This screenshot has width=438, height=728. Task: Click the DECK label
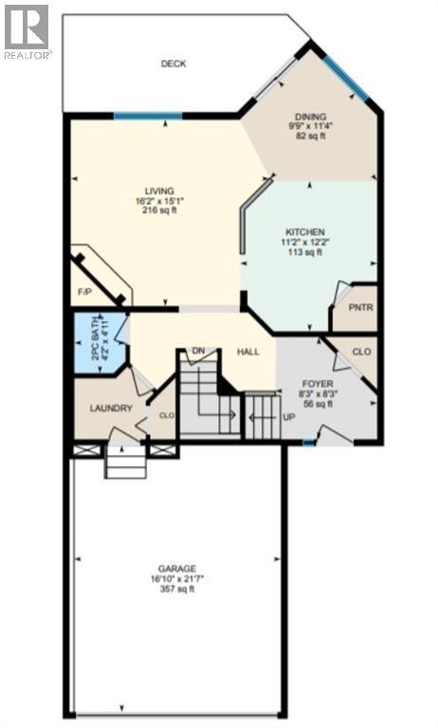[x=173, y=64]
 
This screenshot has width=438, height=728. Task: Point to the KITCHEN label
[x=306, y=232]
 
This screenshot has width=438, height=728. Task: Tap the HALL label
[x=248, y=352]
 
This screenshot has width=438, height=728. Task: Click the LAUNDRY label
[x=109, y=409]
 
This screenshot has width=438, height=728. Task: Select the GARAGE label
[x=177, y=568]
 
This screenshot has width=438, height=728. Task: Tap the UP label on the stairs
[x=285, y=416]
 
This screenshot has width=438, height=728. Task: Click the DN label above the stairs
[x=199, y=351]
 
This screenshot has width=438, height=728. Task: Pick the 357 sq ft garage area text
[x=177, y=590]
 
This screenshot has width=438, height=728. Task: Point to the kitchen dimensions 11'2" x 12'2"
[x=306, y=243]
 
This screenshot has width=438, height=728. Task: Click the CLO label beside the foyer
[x=360, y=352]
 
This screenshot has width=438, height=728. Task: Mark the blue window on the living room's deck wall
[x=147, y=117]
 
